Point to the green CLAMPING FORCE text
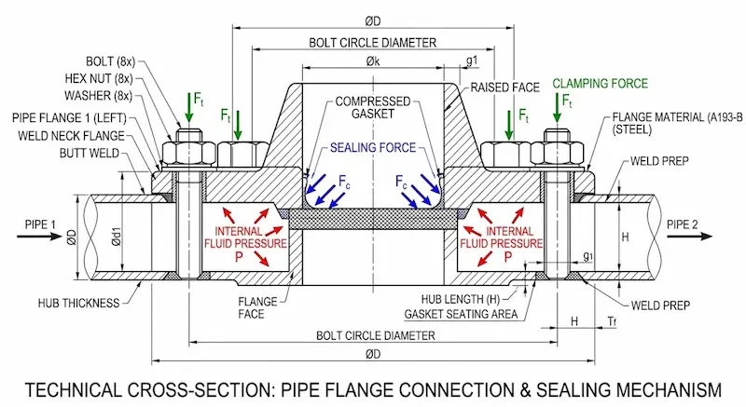[x=599, y=84]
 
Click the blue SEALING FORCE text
[x=366, y=147]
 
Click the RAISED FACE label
[x=505, y=87]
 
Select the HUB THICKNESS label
[x=80, y=304]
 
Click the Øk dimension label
[x=373, y=61]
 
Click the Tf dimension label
[x=612, y=321]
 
